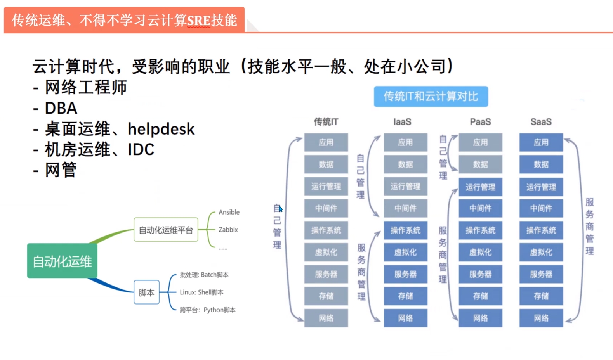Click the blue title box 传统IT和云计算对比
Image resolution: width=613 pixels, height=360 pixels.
coord(431,96)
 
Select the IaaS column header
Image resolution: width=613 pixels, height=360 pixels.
coord(402,122)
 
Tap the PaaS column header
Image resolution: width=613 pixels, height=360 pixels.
coord(480,122)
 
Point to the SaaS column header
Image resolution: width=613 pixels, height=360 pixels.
coord(541,122)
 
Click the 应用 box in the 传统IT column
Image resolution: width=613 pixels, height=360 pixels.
coord(326,142)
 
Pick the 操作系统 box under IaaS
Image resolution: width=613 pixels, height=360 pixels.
coord(405,230)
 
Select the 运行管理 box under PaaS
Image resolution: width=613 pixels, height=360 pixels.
coord(480,187)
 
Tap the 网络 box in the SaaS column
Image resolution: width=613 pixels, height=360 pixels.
coord(541,318)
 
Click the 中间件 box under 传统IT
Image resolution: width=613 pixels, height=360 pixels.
coord(326,208)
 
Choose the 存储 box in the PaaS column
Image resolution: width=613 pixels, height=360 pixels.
coord(480,296)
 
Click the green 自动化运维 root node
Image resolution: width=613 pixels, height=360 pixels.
coord(62,261)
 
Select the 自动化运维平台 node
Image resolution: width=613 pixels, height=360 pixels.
coord(166,230)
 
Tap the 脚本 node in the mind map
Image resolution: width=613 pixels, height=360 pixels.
coord(146,292)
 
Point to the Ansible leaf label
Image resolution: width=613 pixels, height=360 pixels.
coord(229,212)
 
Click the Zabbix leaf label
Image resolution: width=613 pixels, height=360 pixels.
coord(228,230)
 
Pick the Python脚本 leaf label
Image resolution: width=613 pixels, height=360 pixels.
coord(219,310)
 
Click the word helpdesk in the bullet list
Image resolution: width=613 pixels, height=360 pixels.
coord(161,129)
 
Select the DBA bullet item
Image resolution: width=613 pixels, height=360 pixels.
coord(61,108)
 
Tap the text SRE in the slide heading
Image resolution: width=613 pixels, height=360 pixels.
coord(198,20)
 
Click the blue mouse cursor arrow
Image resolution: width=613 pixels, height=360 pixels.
coord(281,209)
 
